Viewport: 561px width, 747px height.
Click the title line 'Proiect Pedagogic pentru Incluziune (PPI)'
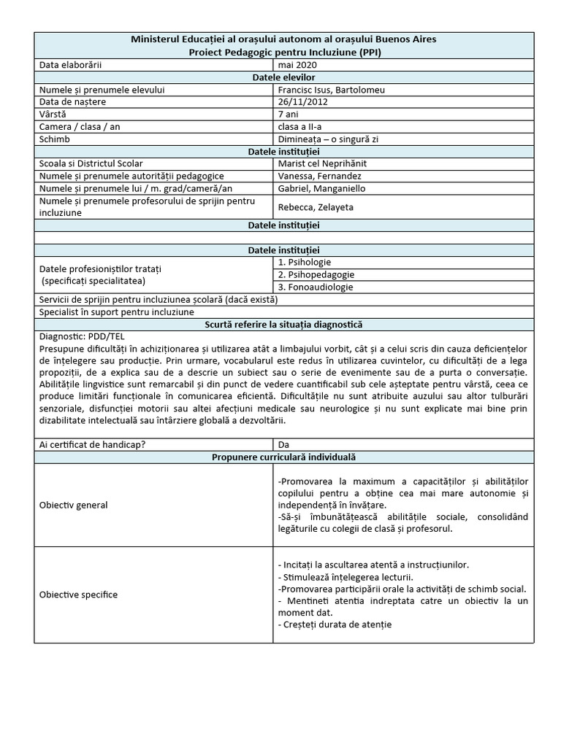[283, 52]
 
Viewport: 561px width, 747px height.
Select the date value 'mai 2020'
[298, 65]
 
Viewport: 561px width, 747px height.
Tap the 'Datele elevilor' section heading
[283, 77]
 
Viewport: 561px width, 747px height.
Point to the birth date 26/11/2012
[303, 102]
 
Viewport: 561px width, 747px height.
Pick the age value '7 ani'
[289, 115]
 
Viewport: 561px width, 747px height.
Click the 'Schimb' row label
[56, 139]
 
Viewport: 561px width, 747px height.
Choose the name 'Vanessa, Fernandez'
[319, 177]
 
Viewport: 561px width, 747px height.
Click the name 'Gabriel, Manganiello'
[321, 189]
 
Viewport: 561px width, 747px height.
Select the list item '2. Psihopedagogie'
[316, 274]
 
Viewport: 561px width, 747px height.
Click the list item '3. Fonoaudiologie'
[316, 287]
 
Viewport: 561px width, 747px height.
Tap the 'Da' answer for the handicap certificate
[284, 444]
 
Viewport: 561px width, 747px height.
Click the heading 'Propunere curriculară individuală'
[283, 457]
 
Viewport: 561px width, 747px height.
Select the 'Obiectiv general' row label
[73, 505]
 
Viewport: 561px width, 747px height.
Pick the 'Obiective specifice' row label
[78, 595]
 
